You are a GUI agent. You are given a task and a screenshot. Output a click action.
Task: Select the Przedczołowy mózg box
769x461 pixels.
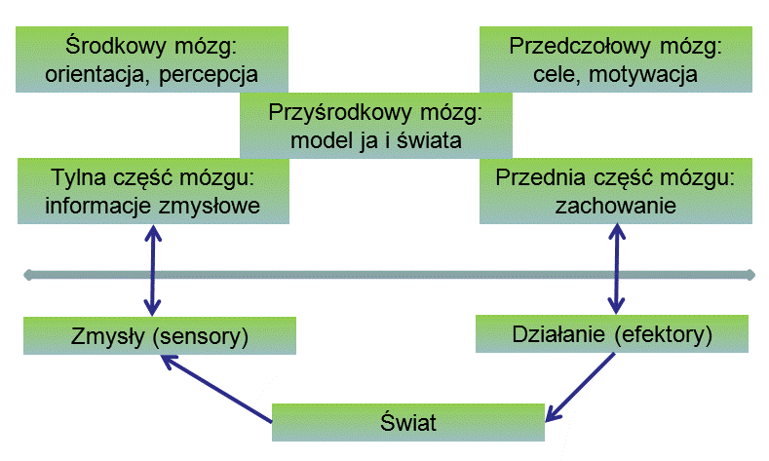[x=615, y=58]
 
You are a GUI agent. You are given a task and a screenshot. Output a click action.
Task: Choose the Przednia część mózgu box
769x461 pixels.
[x=615, y=191]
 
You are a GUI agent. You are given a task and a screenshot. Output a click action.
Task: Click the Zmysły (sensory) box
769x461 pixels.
[x=160, y=337]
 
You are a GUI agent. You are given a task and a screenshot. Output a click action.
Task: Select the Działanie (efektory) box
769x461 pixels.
[x=611, y=334]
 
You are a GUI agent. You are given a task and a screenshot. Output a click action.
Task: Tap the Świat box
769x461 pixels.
[x=407, y=423]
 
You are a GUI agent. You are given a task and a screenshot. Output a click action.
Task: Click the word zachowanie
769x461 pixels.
[x=615, y=206]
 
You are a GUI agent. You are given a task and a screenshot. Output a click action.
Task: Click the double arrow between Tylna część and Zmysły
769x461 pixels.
[x=151, y=272]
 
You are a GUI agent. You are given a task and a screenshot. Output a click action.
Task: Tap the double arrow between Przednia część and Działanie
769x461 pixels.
[x=615, y=272]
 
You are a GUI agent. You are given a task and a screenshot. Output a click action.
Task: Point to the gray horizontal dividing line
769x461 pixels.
[x=390, y=276]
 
